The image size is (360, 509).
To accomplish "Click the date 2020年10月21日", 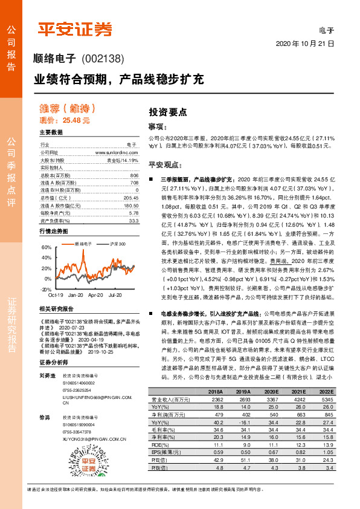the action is pyautogui.click(x=306, y=44).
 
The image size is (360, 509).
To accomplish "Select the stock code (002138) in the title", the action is pyautogui.click(x=103, y=59).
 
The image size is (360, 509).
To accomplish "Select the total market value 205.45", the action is pyautogui.click(x=131, y=198).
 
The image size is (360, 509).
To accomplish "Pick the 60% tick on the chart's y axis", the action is pyautogui.click(x=45, y=248).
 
